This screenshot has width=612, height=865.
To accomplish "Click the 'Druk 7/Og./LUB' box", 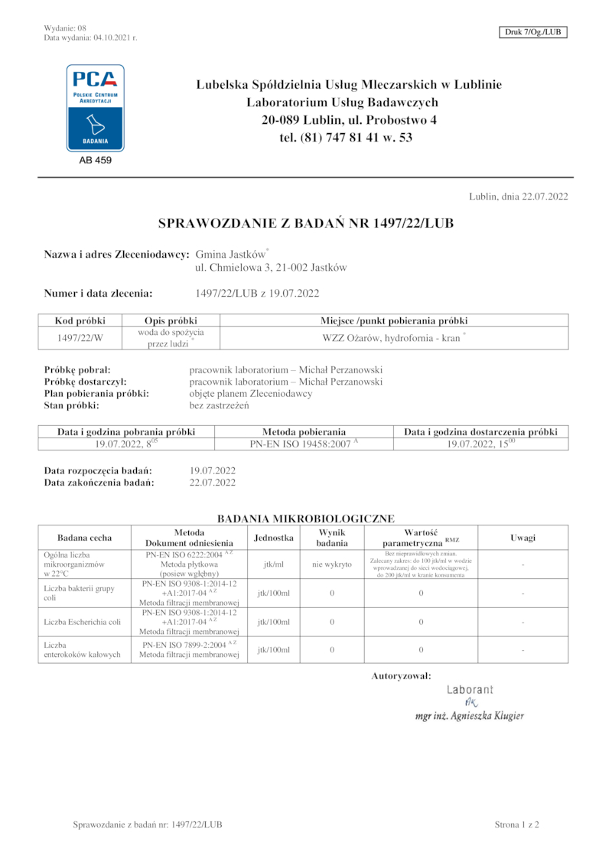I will [532, 32].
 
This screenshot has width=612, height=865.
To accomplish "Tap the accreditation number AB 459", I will [96, 161].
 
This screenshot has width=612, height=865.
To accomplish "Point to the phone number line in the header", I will [346, 138].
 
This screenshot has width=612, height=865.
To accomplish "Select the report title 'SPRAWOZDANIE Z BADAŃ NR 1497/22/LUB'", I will [306, 223].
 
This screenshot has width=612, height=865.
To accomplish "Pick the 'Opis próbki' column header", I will [171, 320].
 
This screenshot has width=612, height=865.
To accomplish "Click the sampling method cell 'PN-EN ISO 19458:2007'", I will [304, 444].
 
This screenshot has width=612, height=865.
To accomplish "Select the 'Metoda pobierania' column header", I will [304, 432].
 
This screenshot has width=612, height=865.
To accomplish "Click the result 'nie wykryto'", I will [332, 564].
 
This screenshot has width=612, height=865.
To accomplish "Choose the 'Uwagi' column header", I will [522, 538].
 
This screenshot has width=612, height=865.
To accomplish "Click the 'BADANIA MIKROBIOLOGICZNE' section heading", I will [306, 519].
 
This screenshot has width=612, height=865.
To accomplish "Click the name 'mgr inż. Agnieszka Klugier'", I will [469, 717].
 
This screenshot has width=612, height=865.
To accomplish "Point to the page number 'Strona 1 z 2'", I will [517, 824].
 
